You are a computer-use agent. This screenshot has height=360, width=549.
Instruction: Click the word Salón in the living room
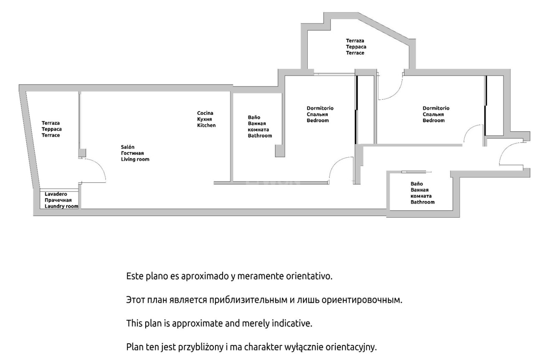(127, 147)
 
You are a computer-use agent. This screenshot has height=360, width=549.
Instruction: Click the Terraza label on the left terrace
(51, 123)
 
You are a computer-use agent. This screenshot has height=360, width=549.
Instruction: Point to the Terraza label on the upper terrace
(355, 41)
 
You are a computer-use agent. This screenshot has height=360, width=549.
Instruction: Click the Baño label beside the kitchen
(254, 117)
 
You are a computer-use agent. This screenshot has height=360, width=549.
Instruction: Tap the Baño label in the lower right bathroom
(417, 184)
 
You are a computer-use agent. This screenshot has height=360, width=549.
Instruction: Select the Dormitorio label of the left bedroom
(320, 108)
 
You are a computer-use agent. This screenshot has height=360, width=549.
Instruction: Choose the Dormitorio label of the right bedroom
(436, 108)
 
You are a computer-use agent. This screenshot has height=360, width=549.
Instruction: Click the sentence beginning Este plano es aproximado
(229, 276)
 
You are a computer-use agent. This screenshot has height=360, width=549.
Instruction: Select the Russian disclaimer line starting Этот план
(264, 300)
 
